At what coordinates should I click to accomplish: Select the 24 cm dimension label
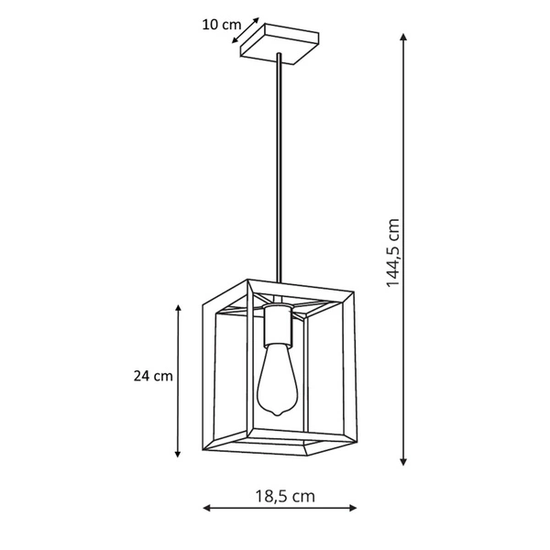pos(152,376)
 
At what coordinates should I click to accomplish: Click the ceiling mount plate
pos(279,43)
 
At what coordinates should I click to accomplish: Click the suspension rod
pos(278,165)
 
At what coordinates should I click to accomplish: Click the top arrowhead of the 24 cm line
pos(178,309)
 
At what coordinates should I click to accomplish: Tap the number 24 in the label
pos(141,376)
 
